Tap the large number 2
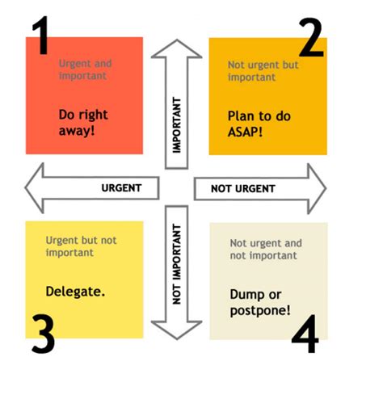point(310,37)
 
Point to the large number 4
point(305,336)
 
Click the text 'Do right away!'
point(83,121)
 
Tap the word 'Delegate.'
point(75,290)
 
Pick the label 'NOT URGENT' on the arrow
point(242,189)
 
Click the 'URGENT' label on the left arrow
point(121,188)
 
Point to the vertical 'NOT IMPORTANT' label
point(178,266)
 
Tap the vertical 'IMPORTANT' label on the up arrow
point(177,125)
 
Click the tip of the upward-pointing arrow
point(176,40)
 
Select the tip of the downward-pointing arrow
point(177,338)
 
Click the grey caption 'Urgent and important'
point(86,69)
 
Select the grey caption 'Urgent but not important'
point(81,246)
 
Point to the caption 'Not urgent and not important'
point(266,248)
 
